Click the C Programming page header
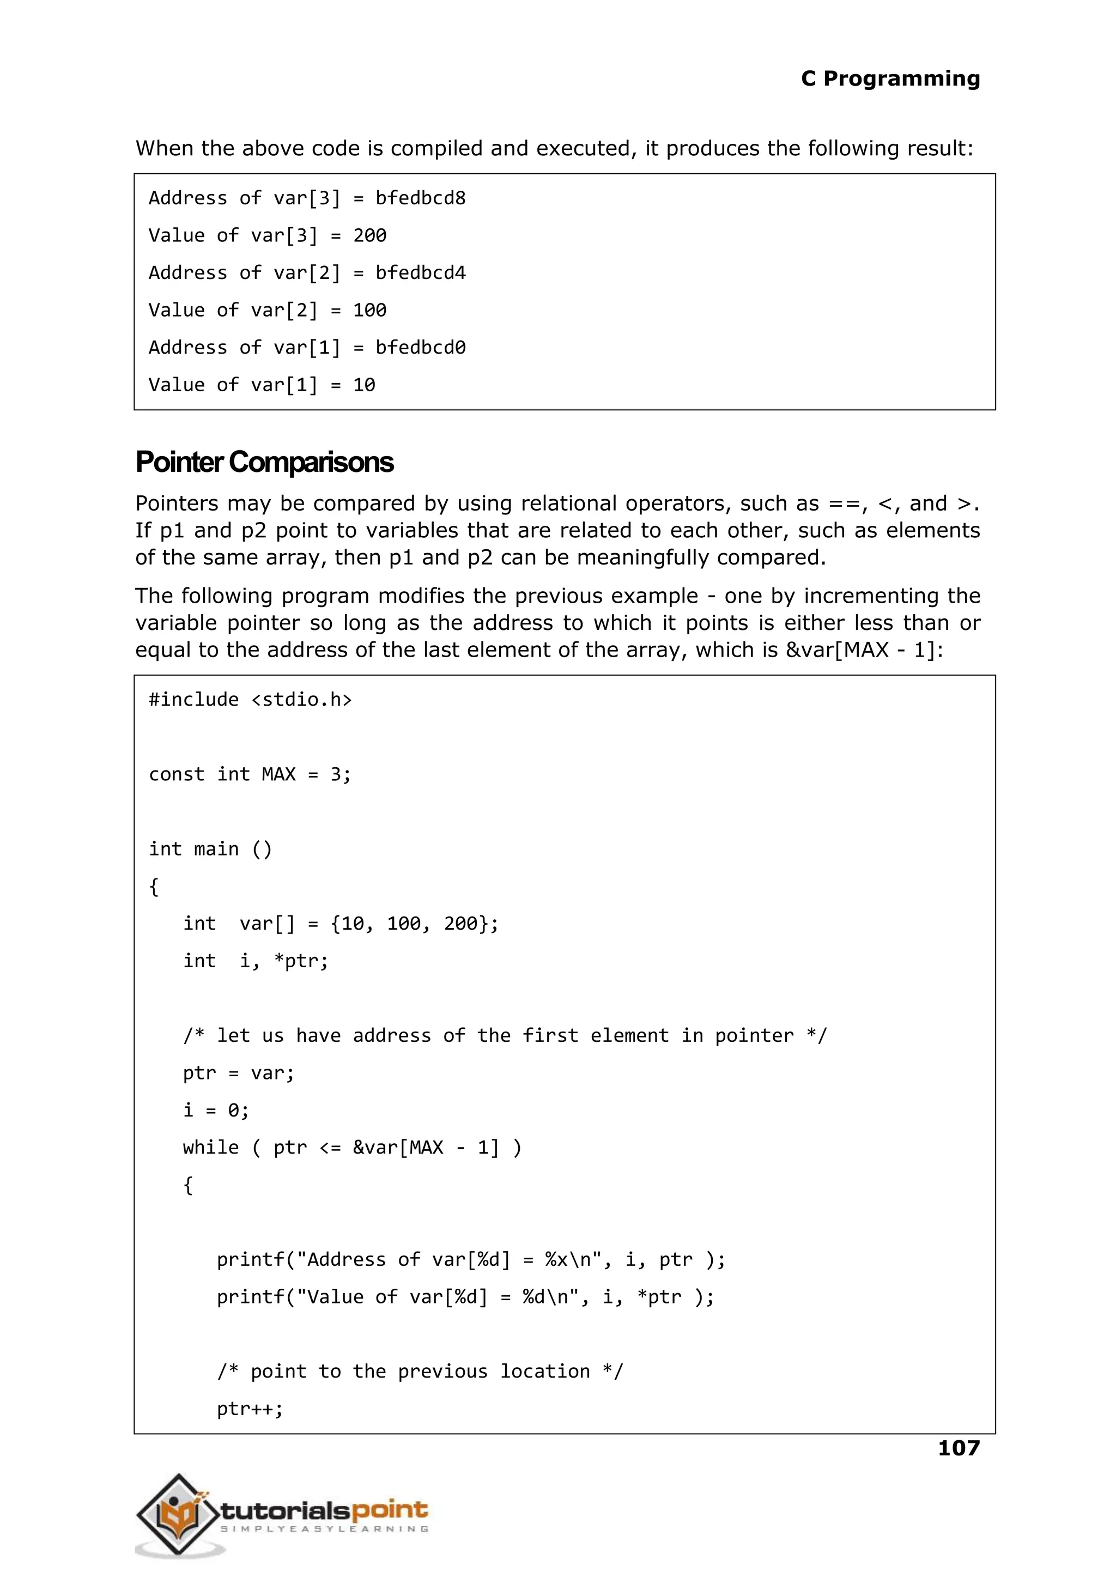point(890,79)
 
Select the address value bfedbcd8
point(420,198)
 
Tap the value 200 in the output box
point(369,236)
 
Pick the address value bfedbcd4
point(420,274)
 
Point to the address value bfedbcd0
point(420,348)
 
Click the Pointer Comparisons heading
point(265,463)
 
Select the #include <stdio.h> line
point(250,700)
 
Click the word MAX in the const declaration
point(278,774)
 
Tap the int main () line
point(210,850)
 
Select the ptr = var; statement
point(239,1073)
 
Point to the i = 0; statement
point(216,1111)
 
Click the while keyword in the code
point(210,1148)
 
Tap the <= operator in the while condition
point(330,1148)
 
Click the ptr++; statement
point(250,1409)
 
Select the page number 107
point(959,1448)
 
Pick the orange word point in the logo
point(390,1511)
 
